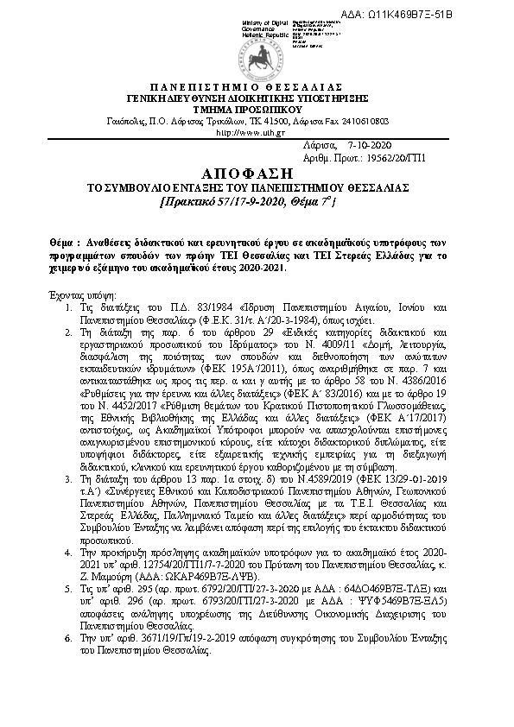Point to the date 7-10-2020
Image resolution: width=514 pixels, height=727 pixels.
[369, 148]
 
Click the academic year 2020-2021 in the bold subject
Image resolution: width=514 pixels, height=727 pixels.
[262, 268]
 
